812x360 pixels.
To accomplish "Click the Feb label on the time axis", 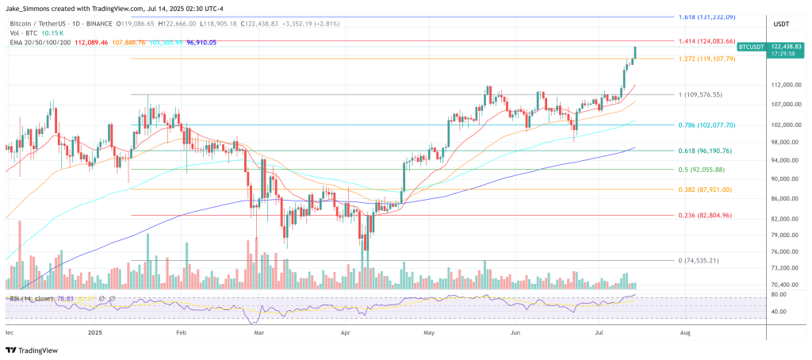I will tap(180, 333).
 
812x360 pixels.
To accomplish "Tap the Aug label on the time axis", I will tap(684, 333).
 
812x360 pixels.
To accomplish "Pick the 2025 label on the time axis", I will tap(95, 333).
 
